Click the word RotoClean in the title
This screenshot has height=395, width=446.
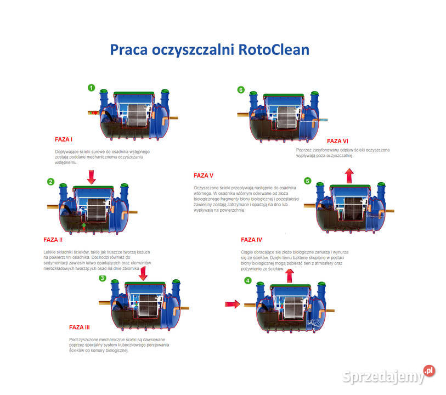click(x=274, y=50)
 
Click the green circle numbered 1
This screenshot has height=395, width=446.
click(x=91, y=87)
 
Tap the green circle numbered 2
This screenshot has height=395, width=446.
click(x=50, y=182)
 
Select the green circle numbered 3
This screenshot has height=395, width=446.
click(x=102, y=278)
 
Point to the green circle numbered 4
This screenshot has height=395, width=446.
click(x=248, y=281)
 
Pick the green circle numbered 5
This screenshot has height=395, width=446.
click(x=307, y=180)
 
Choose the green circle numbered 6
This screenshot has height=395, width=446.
click(x=240, y=89)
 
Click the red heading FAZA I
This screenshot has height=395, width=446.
click(x=64, y=139)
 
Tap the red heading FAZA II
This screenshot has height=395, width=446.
click(x=53, y=239)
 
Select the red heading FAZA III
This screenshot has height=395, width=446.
click(x=80, y=327)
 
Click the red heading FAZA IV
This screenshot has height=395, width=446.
click(x=251, y=239)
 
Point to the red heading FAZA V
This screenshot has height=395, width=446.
click(x=204, y=176)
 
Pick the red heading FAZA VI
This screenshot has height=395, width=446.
click(x=338, y=140)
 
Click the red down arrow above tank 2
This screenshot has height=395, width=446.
click(x=92, y=177)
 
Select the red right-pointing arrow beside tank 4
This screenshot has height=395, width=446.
click(x=233, y=303)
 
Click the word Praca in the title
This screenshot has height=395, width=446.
click(x=131, y=50)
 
